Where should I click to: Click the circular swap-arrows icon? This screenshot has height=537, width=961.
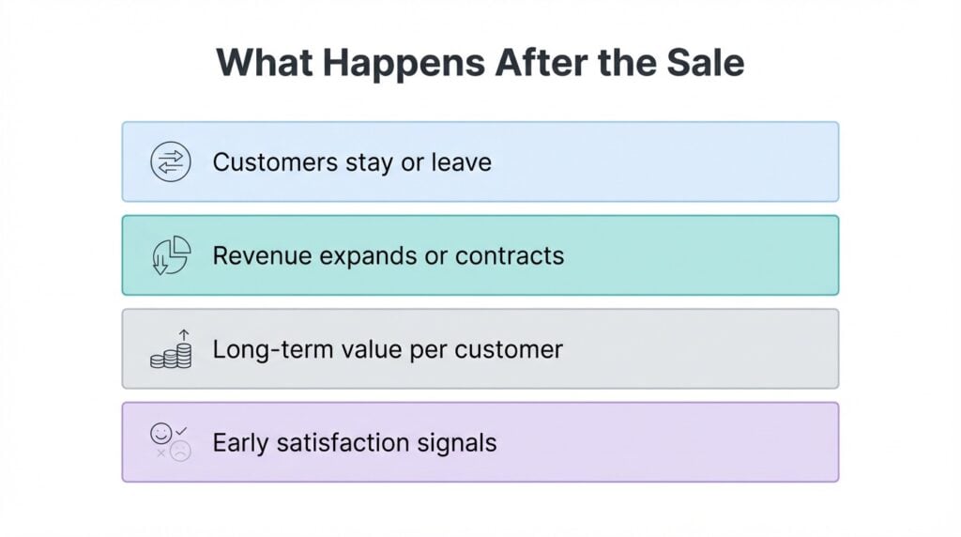[170, 161]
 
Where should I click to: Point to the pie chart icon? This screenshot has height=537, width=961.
[171, 255]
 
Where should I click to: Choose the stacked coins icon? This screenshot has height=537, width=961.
[171, 349]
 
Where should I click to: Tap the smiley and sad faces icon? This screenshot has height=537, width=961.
[170, 442]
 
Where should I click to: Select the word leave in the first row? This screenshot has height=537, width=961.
[461, 161]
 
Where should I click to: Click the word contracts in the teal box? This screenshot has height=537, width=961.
[517, 255]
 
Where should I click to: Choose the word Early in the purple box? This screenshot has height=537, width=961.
[238, 442]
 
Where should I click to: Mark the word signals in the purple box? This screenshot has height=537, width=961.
[461, 443]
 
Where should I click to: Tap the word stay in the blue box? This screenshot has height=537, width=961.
[366, 162]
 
